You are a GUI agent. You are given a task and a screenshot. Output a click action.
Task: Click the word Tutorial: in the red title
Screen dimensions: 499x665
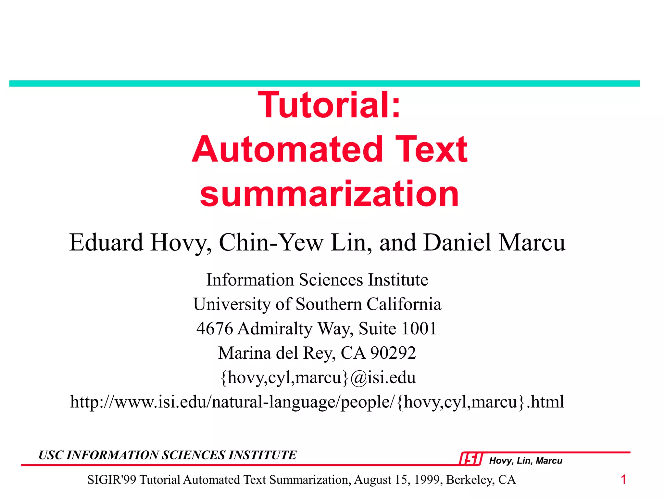329,105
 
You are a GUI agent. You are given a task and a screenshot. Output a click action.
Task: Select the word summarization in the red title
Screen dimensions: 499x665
329,194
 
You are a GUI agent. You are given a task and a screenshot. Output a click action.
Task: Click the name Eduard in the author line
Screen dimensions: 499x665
106,242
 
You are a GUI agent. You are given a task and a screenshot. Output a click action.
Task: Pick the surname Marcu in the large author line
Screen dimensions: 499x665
532,242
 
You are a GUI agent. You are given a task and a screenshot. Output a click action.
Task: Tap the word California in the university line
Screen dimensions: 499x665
404,304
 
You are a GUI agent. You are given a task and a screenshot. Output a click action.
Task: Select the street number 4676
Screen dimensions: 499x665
215,328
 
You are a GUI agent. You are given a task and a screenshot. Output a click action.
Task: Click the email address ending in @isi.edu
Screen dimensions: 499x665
318,377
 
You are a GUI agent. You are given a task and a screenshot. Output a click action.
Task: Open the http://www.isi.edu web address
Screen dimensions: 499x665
317,402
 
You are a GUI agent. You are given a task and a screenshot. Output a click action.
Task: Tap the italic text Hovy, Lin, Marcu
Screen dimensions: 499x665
526,461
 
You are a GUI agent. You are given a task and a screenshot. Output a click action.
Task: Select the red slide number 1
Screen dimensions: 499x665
623,480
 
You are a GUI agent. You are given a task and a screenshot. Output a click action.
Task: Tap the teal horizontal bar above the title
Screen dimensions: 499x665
324,83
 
